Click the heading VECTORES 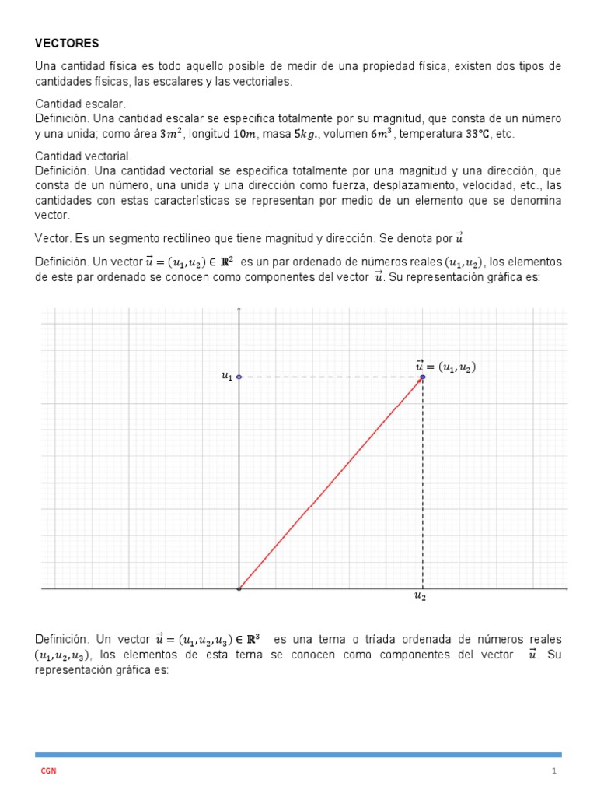(x=67, y=43)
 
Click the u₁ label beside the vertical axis (x=226, y=377)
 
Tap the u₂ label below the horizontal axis (x=421, y=597)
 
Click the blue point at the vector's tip (x=423, y=377)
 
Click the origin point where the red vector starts (x=239, y=589)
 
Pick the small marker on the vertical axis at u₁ (x=239, y=377)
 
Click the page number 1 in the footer (x=555, y=771)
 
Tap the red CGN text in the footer (x=48, y=771)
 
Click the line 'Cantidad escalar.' (x=81, y=104)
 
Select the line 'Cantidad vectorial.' (x=84, y=156)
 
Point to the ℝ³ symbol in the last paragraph (x=252, y=640)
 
